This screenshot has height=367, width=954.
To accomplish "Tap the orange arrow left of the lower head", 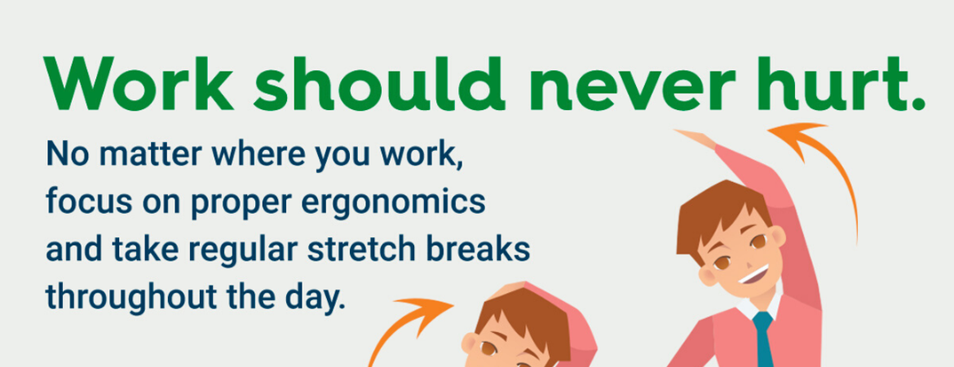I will (x=408, y=326).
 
